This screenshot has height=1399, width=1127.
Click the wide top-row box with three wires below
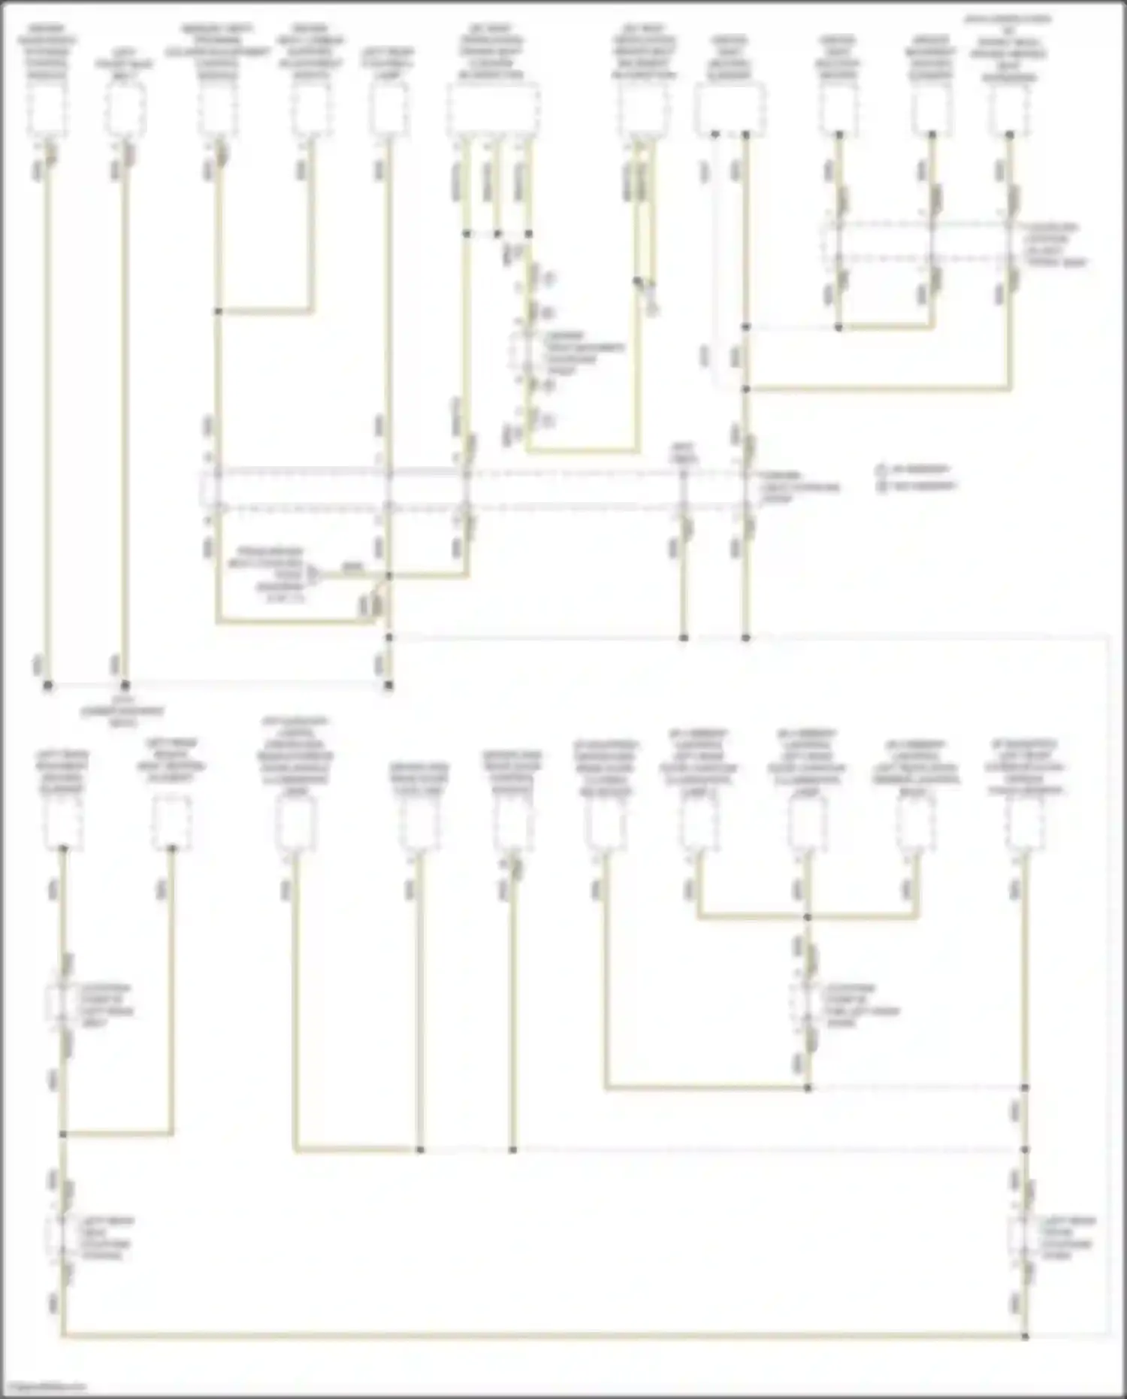(494, 110)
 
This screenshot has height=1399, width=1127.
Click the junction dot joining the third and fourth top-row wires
(218, 310)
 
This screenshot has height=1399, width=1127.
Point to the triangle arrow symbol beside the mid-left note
(314, 576)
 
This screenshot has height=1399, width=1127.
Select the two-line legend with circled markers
(915, 477)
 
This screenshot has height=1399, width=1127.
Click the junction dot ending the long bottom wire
(1025, 1336)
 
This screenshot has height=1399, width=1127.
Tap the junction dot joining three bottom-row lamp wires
(808, 917)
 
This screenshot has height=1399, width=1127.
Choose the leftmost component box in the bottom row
(63, 822)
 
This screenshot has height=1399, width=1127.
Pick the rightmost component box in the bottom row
(1025, 822)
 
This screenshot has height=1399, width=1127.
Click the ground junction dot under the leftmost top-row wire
(47, 686)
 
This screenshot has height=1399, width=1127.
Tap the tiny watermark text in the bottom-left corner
(44, 1388)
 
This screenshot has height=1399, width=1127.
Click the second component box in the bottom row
(171, 822)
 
